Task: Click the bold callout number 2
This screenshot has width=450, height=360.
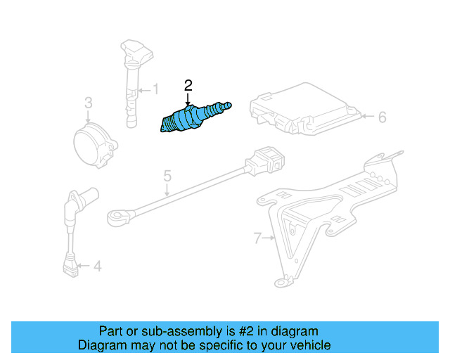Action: (188, 86)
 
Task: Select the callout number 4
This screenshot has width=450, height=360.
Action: (97, 266)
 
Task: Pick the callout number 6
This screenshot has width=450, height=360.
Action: (382, 117)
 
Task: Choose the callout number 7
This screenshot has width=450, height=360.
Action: (257, 238)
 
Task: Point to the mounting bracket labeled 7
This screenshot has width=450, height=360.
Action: (330, 204)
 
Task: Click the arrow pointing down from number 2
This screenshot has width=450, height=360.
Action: (188, 100)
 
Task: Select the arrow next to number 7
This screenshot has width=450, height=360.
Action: (269, 238)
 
